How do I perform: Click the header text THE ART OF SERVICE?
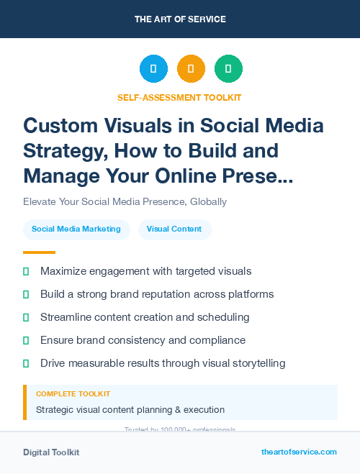(x=180, y=19)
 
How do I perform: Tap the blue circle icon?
(x=153, y=69)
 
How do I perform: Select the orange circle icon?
(x=191, y=69)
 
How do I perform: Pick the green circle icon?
(x=228, y=69)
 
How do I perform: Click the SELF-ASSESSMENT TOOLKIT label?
(x=180, y=97)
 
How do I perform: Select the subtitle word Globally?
(x=203, y=202)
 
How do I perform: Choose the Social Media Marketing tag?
(x=76, y=229)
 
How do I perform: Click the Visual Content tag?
(x=174, y=229)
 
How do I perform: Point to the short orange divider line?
(x=39, y=252)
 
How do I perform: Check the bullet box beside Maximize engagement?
(x=26, y=272)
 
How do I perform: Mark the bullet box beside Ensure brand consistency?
(x=26, y=340)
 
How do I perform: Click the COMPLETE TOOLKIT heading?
(x=73, y=394)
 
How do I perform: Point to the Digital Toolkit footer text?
(x=51, y=452)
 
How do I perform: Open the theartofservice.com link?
(x=299, y=452)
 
